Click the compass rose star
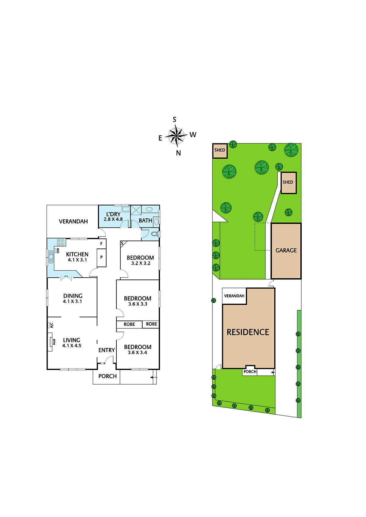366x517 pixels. click(177, 136)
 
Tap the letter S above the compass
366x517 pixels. click(175, 120)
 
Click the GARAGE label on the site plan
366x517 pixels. click(286, 250)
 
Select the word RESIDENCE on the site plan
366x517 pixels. click(248, 332)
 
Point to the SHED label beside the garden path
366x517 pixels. click(288, 182)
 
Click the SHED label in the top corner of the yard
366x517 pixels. click(220, 150)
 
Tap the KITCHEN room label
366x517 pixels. click(77, 254)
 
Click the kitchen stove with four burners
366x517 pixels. click(60, 242)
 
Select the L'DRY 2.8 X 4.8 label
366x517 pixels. click(113, 217)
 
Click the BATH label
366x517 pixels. click(145, 220)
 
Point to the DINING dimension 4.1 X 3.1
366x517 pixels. click(72, 301)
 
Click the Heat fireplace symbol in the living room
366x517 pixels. click(50, 342)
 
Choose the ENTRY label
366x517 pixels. click(106, 350)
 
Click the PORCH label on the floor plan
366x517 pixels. click(107, 376)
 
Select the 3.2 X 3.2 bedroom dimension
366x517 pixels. click(141, 263)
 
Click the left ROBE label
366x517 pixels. click(129, 324)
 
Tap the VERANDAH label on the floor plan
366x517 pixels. click(73, 222)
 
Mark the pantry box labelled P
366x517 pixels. click(102, 258)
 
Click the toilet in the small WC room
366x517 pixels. click(155, 234)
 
